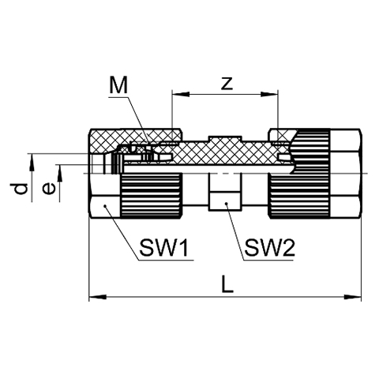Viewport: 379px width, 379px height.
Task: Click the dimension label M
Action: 118,84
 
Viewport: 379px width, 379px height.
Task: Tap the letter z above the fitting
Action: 227,84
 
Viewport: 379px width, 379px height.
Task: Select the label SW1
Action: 163,248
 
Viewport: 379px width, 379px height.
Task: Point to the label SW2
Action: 270,248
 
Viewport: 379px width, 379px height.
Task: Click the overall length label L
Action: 227,284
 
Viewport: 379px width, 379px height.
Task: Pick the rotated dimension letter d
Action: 19,189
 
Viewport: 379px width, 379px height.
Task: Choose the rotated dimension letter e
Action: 49,189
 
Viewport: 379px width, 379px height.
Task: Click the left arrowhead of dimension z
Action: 181,94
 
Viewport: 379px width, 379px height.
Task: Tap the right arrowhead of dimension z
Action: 269,94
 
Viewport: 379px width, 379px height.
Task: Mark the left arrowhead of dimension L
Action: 98,297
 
